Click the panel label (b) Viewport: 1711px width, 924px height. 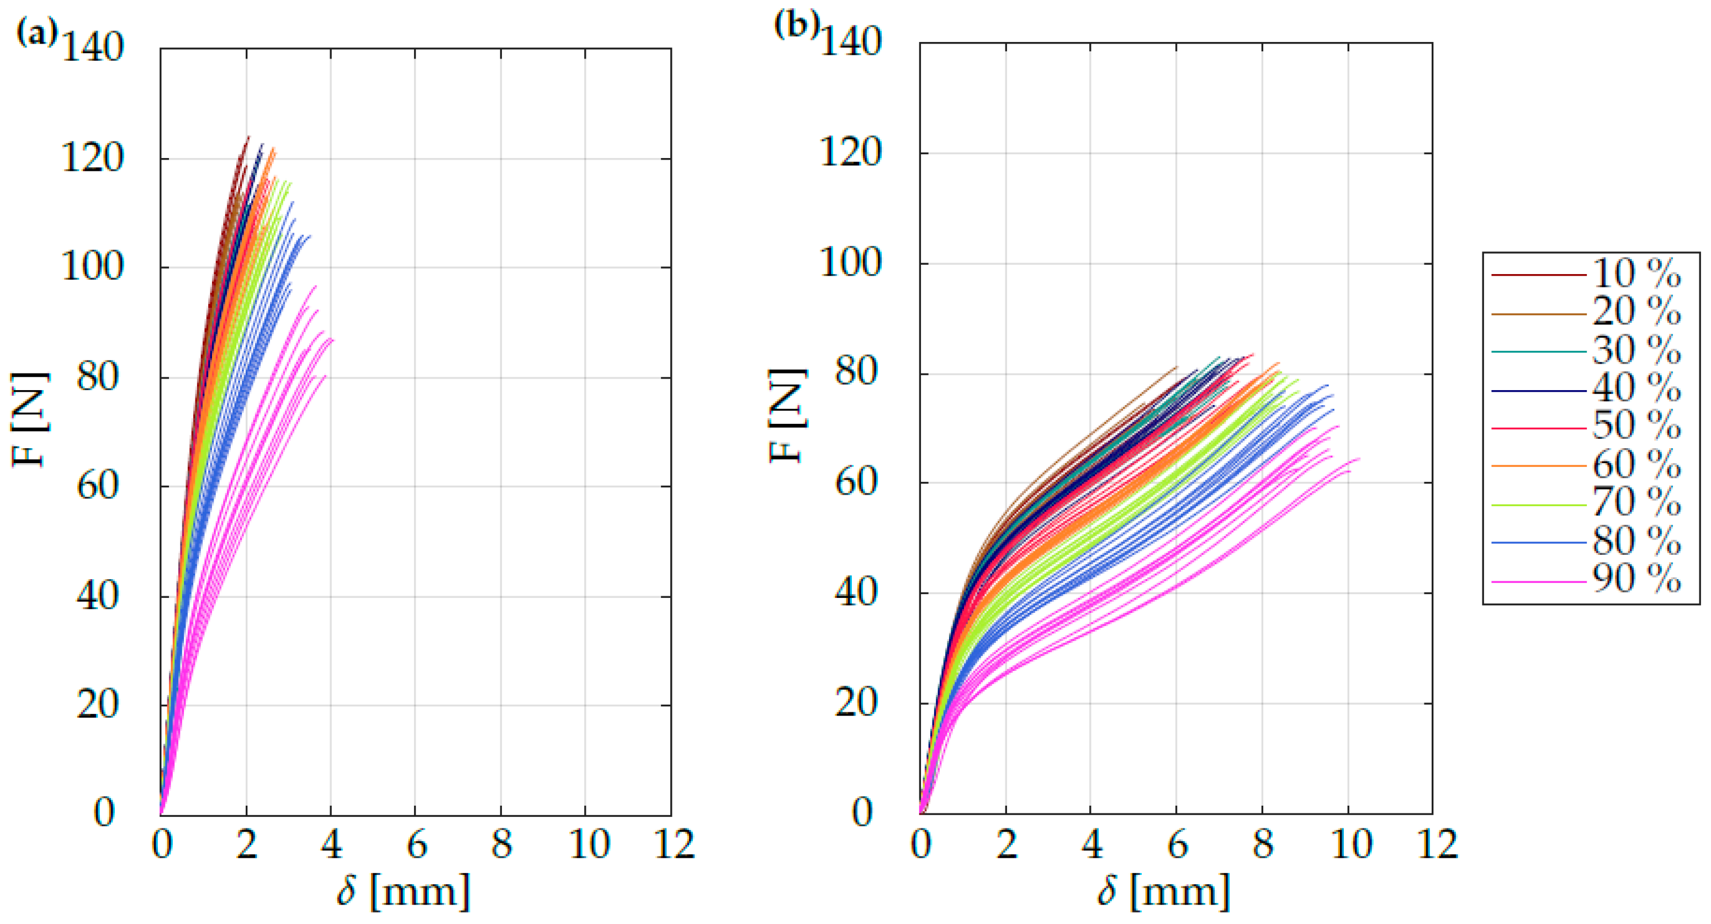[796, 26]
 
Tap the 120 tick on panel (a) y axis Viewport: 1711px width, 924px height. [93, 160]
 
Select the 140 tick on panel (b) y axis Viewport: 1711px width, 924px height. [851, 43]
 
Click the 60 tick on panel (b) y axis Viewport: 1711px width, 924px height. [857, 482]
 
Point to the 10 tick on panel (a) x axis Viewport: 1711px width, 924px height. [589, 846]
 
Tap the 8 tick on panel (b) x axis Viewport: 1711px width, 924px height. [1263, 846]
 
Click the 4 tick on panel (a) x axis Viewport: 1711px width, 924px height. [331, 846]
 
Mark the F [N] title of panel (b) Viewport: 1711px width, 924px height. [788, 416]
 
